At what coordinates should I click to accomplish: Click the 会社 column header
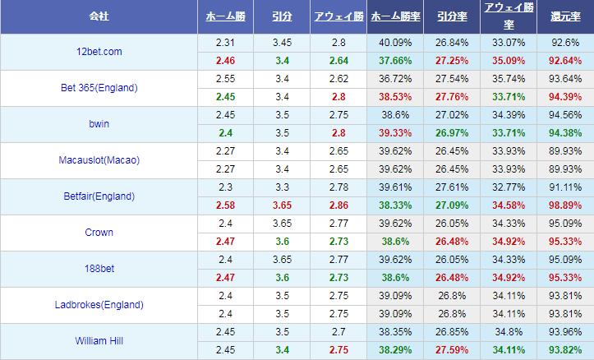99,16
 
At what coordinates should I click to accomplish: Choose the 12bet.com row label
99,51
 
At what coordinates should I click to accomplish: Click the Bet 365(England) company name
99,87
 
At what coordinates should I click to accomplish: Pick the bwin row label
99,123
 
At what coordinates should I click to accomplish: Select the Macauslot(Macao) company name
99,159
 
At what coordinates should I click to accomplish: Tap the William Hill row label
99,340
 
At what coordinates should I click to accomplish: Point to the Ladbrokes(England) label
99,304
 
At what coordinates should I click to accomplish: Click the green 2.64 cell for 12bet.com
339,60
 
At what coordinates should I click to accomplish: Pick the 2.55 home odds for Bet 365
225,78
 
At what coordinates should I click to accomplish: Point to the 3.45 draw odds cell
282,42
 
